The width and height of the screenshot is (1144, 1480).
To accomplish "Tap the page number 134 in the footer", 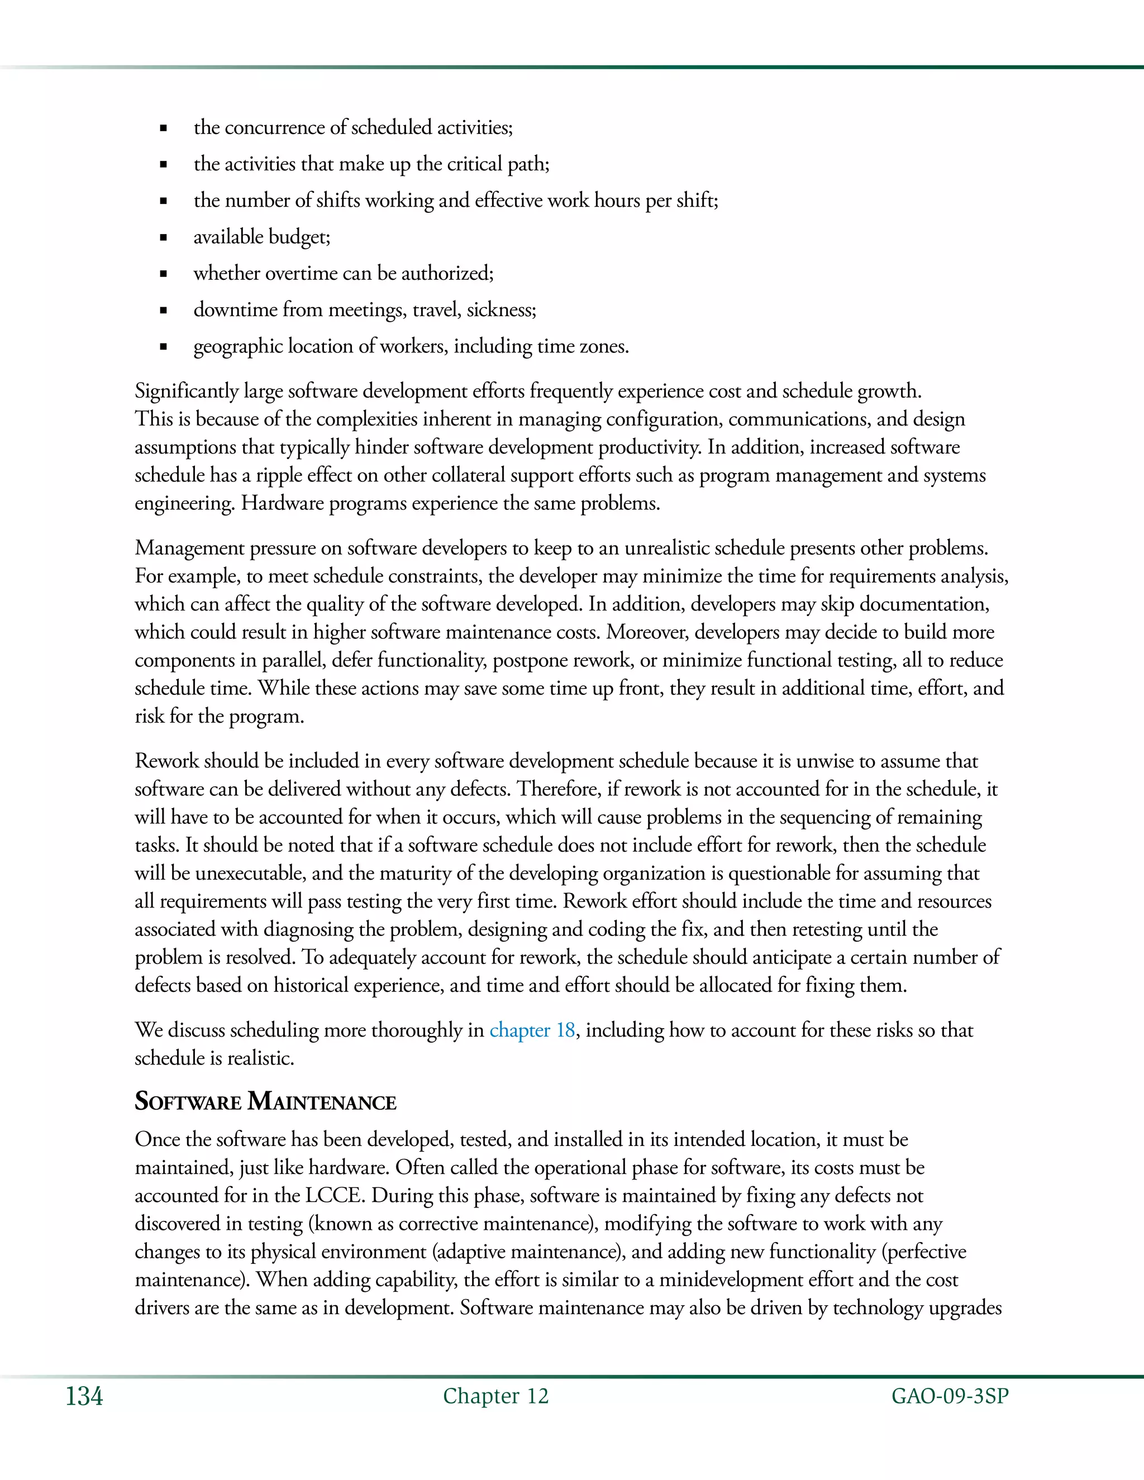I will (x=84, y=1397).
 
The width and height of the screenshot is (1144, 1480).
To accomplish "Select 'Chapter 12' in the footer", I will (x=495, y=1396).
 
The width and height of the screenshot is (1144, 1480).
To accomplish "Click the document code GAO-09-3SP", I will (x=950, y=1396).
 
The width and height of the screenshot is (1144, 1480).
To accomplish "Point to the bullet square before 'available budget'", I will (x=163, y=238).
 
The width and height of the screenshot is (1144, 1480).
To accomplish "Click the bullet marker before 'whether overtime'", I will (x=163, y=274).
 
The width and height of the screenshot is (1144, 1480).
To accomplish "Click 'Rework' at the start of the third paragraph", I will (x=166, y=761).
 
